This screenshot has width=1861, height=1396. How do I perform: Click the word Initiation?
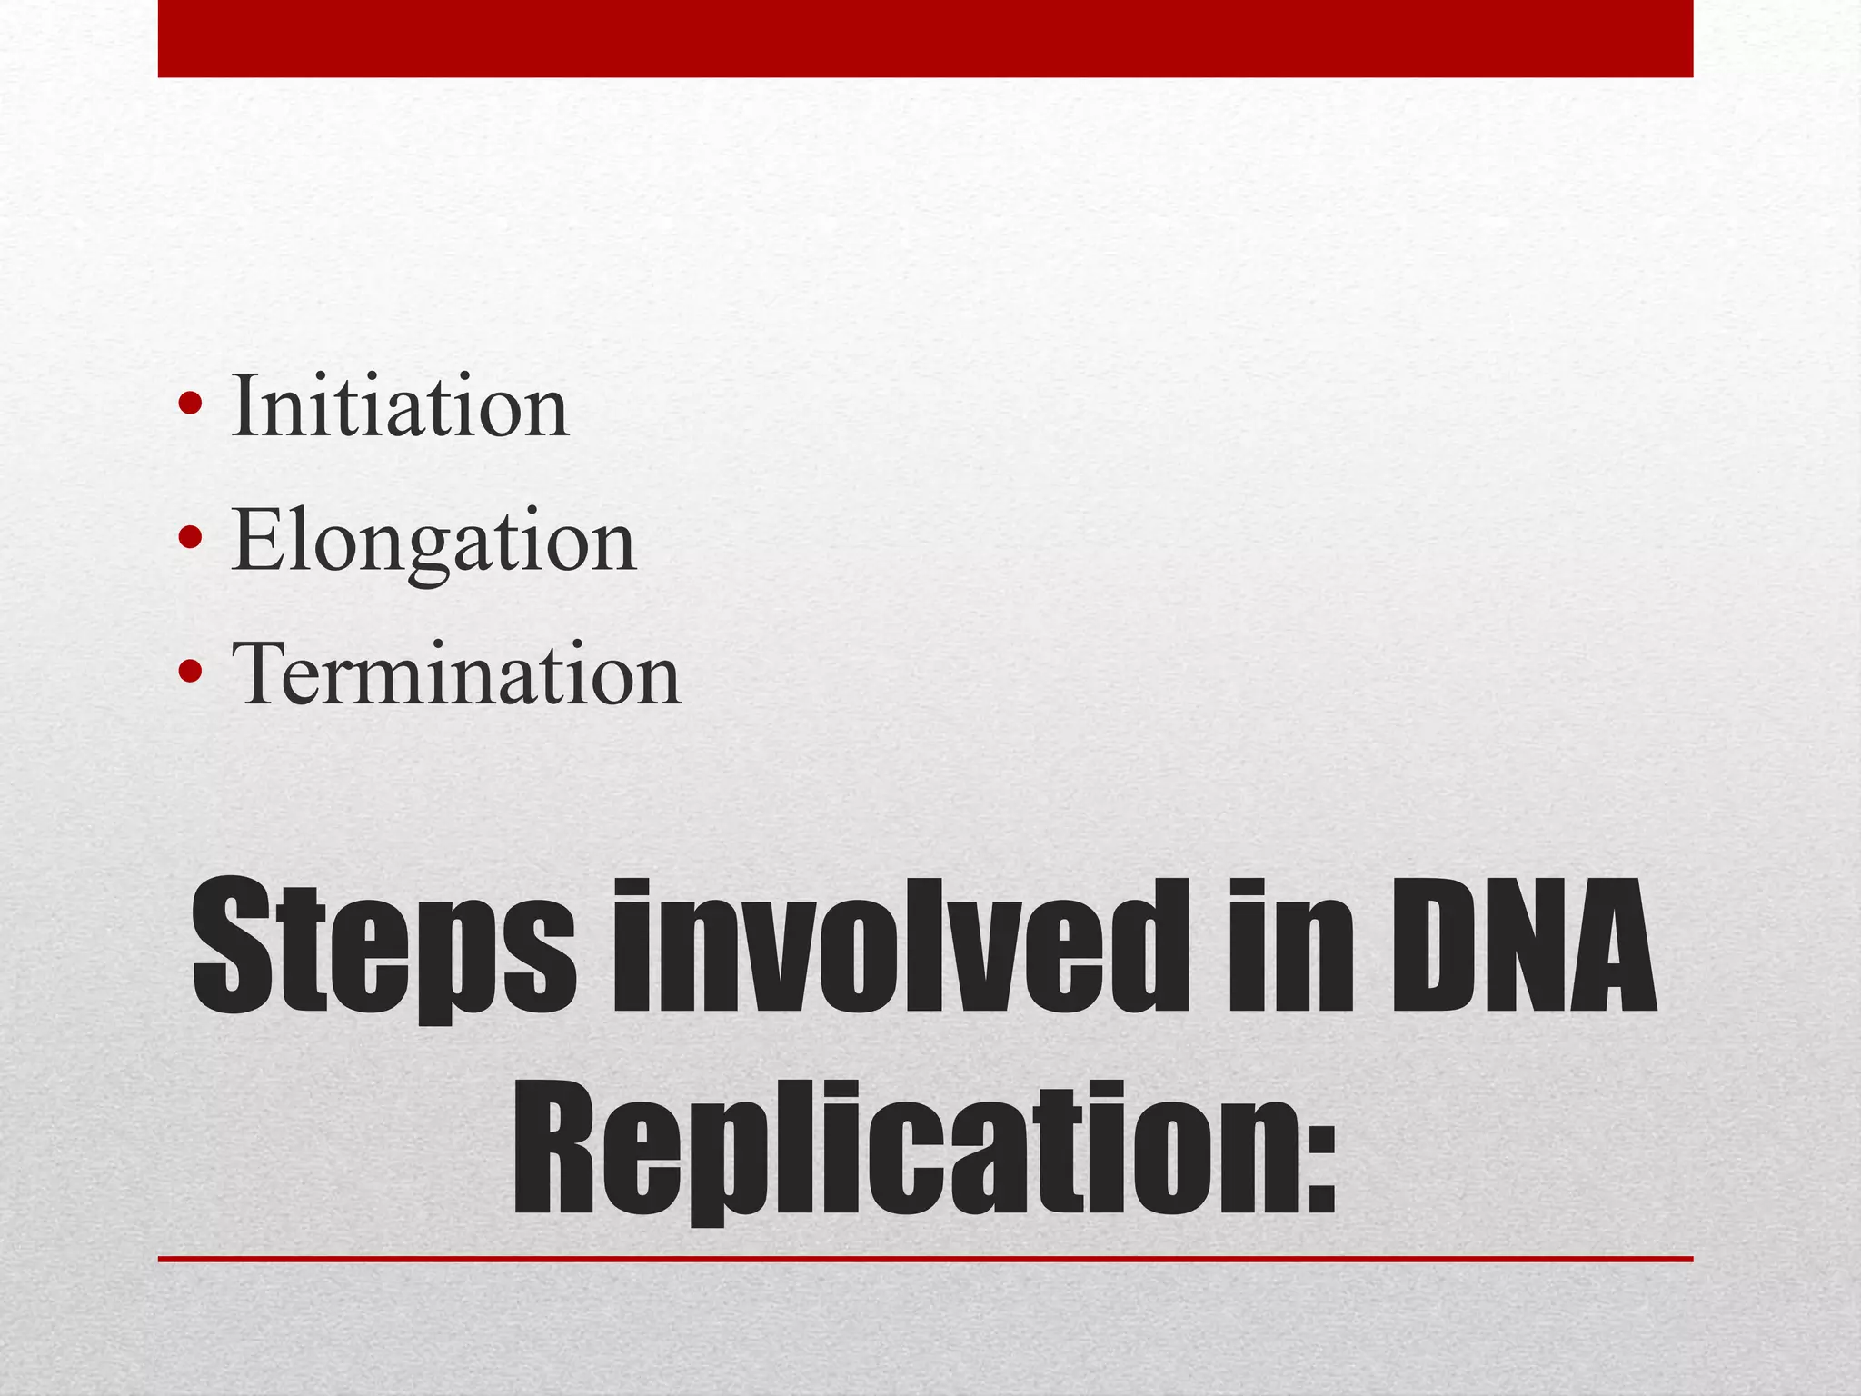coord(400,406)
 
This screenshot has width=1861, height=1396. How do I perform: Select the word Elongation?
coord(433,541)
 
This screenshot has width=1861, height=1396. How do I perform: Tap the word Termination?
coord(455,674)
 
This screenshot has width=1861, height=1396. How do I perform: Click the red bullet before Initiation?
coord(191,403)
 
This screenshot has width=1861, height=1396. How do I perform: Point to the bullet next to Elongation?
coord(191,537)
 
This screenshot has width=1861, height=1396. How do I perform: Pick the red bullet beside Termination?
coord(191,671)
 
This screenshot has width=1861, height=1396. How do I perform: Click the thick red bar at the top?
coord(925,38)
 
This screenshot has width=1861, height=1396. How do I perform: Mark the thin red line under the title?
coord(925,1259)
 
